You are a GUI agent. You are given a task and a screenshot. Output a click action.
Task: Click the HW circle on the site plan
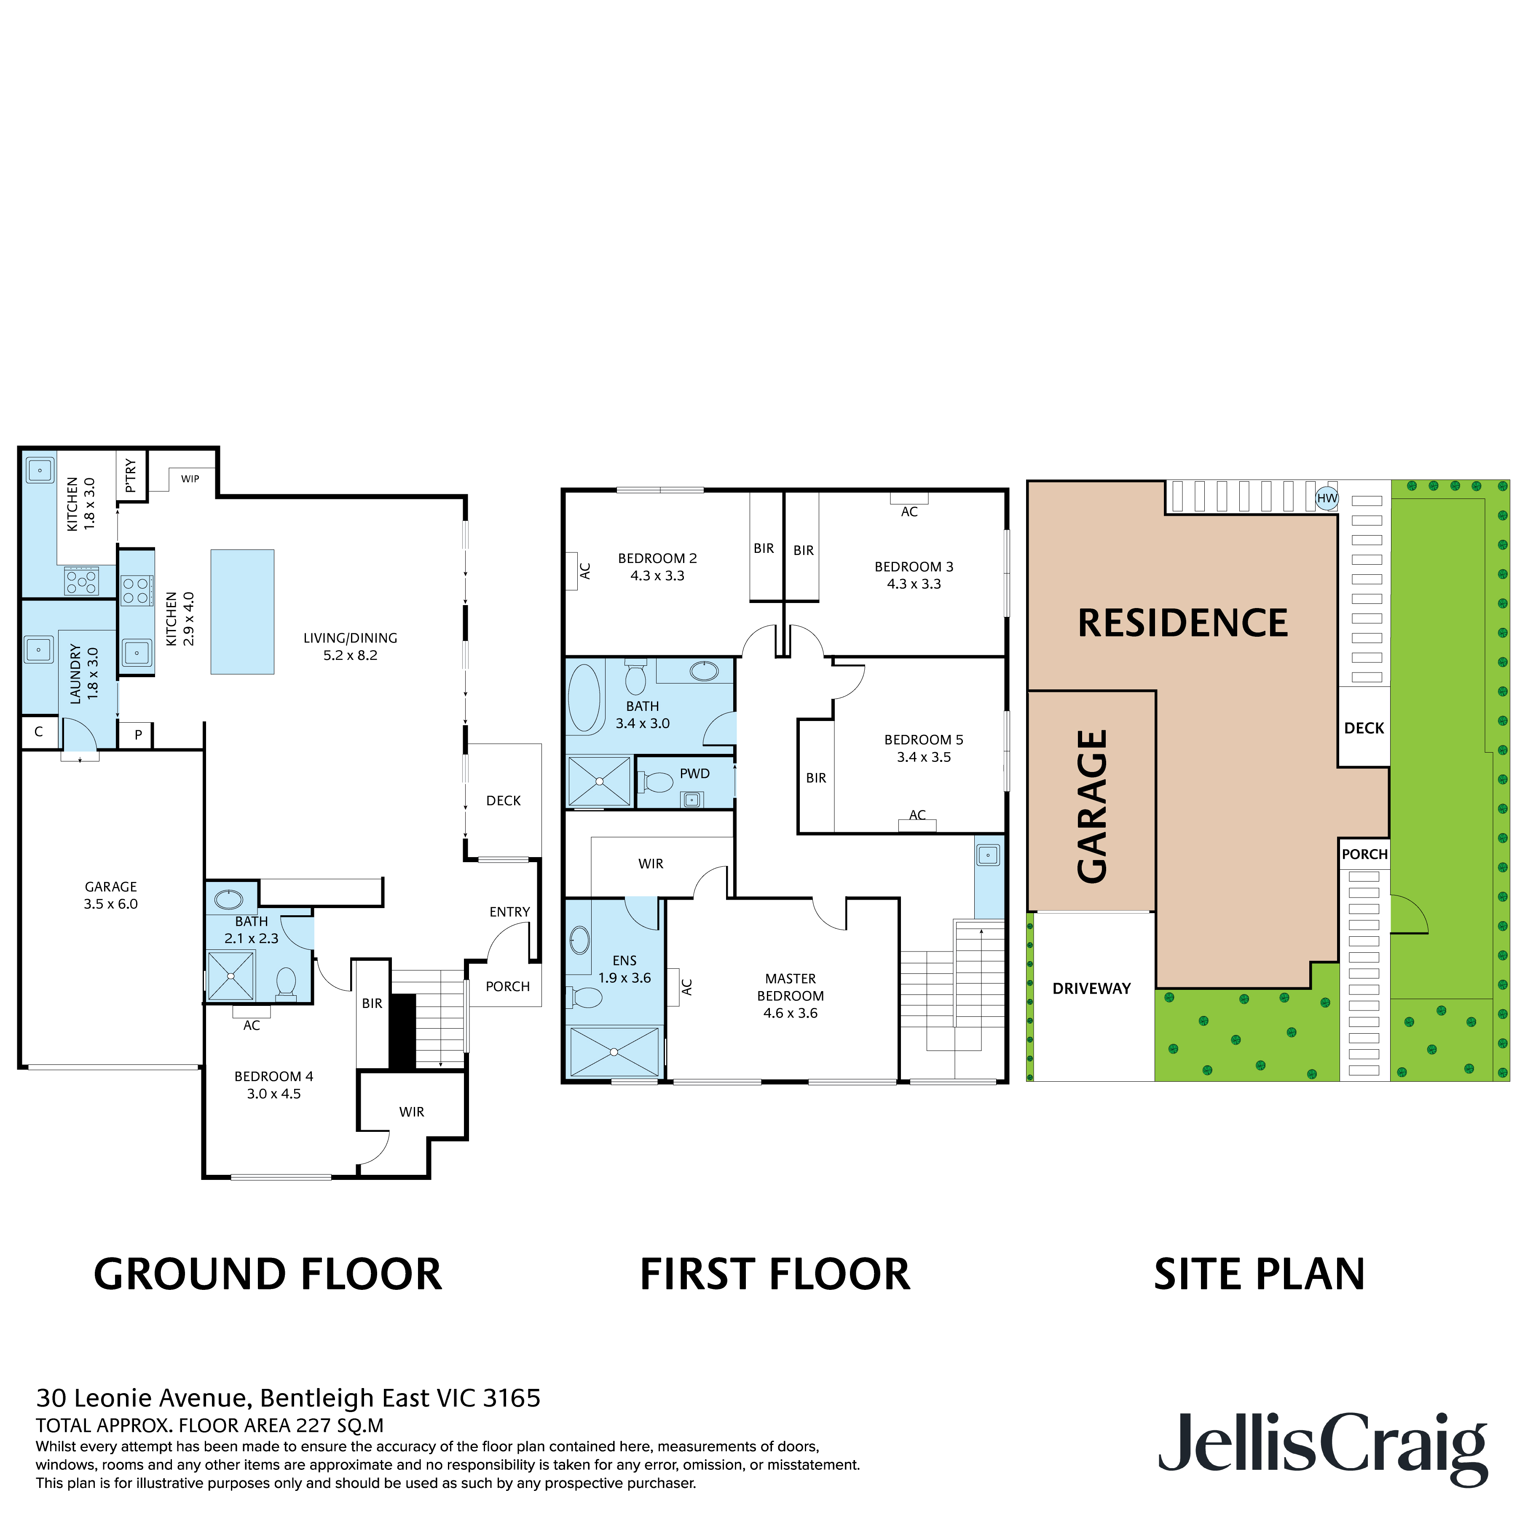tap(1326, 498)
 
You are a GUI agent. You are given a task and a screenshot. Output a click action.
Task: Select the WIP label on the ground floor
tap(190, 478)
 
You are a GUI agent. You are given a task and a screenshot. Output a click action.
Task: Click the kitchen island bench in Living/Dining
tap(242, 612)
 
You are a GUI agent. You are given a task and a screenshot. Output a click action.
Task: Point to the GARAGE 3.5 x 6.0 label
tap(111, 895)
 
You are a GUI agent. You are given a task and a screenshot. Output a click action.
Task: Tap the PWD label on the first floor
tap(694, 773)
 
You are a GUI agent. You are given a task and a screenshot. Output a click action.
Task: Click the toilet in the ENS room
tap(585, 997)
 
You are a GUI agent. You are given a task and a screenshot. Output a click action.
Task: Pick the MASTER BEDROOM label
tap(790, 987)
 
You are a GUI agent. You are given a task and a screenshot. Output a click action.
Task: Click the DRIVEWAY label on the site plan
tap(1091, 989)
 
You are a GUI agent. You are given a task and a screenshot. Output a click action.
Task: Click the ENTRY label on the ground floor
tap(509, 911)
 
